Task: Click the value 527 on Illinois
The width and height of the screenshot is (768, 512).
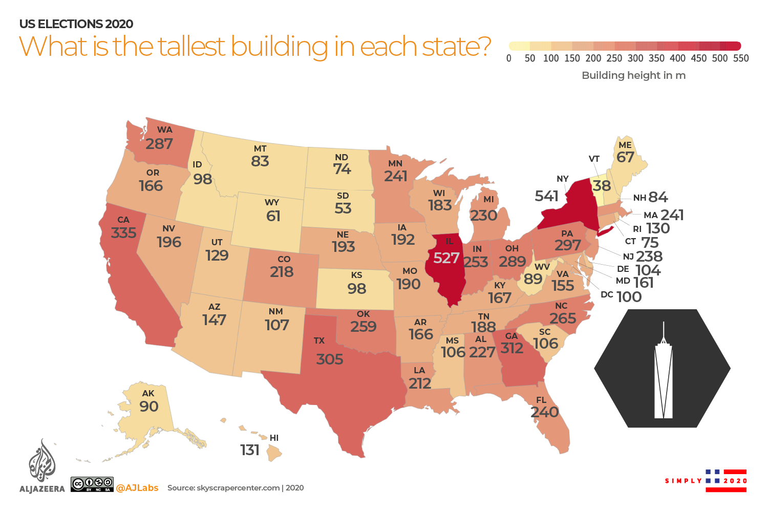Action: [446, 258]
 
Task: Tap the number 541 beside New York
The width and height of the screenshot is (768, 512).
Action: [546, 196]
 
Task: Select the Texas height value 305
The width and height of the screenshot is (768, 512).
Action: [329, 359]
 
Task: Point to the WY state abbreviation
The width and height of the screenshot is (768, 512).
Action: [272, 202]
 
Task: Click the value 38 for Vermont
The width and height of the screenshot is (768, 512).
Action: [602, 185]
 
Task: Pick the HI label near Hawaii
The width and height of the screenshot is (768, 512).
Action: [274, 438]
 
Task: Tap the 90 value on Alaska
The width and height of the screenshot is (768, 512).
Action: [149, 406]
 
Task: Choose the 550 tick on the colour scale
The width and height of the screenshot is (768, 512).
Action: [740, 58]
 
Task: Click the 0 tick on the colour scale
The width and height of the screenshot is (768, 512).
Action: [508, 58]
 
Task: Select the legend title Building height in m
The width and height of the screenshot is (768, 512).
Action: [633, 75]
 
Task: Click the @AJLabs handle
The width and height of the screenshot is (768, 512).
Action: [137, 488]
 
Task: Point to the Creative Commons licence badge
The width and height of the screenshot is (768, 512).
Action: [92, 484]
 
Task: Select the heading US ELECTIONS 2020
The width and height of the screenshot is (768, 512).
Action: [76, 24]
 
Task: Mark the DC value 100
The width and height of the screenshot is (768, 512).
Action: [629, 296]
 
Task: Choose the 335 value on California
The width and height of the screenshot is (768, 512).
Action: [124, 232]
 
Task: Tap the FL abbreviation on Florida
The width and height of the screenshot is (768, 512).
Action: [541, 400]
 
